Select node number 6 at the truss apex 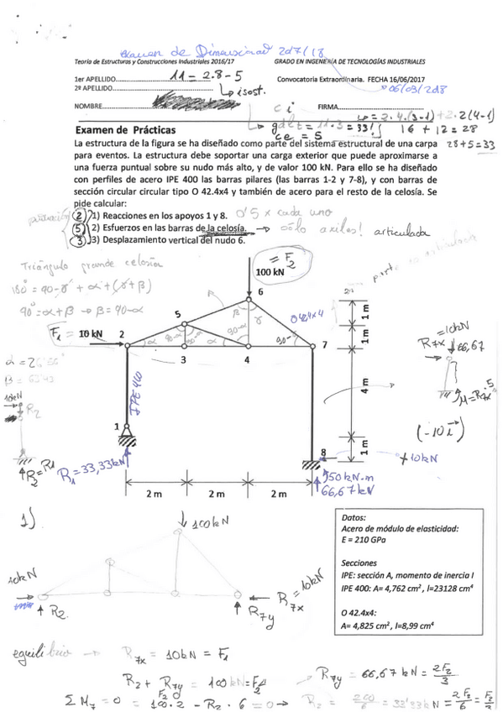tap(260, 291)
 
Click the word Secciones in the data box tap(364, 563)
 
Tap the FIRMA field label tap(328, 107)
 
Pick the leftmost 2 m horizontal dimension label tap(152, 493)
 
